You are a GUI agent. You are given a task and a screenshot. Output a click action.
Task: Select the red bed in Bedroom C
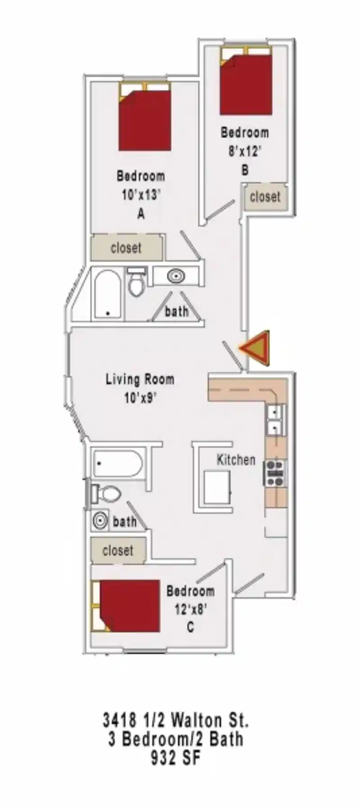(x=130, y=606)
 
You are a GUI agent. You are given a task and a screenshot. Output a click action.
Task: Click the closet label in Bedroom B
(x=265, y=197)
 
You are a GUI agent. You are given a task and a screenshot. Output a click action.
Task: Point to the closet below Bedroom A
(x=126, y=247)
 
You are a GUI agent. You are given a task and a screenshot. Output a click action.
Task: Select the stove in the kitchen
(x=274, y=473)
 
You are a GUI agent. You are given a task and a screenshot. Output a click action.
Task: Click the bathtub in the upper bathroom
(x=108, y=295)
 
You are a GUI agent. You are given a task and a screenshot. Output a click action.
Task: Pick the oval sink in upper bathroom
(x=176, y=276)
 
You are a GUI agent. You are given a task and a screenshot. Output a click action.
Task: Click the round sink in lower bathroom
(x=100, y=521)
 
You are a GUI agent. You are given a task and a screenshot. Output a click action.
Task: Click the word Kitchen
(x=236, y=460)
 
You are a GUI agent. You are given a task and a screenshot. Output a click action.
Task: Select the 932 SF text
(x=175, y=759)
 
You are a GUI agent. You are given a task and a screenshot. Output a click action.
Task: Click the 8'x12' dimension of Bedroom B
(x=244, y=151)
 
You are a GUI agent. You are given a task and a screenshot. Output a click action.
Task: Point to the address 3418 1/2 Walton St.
(x=175, y=720)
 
